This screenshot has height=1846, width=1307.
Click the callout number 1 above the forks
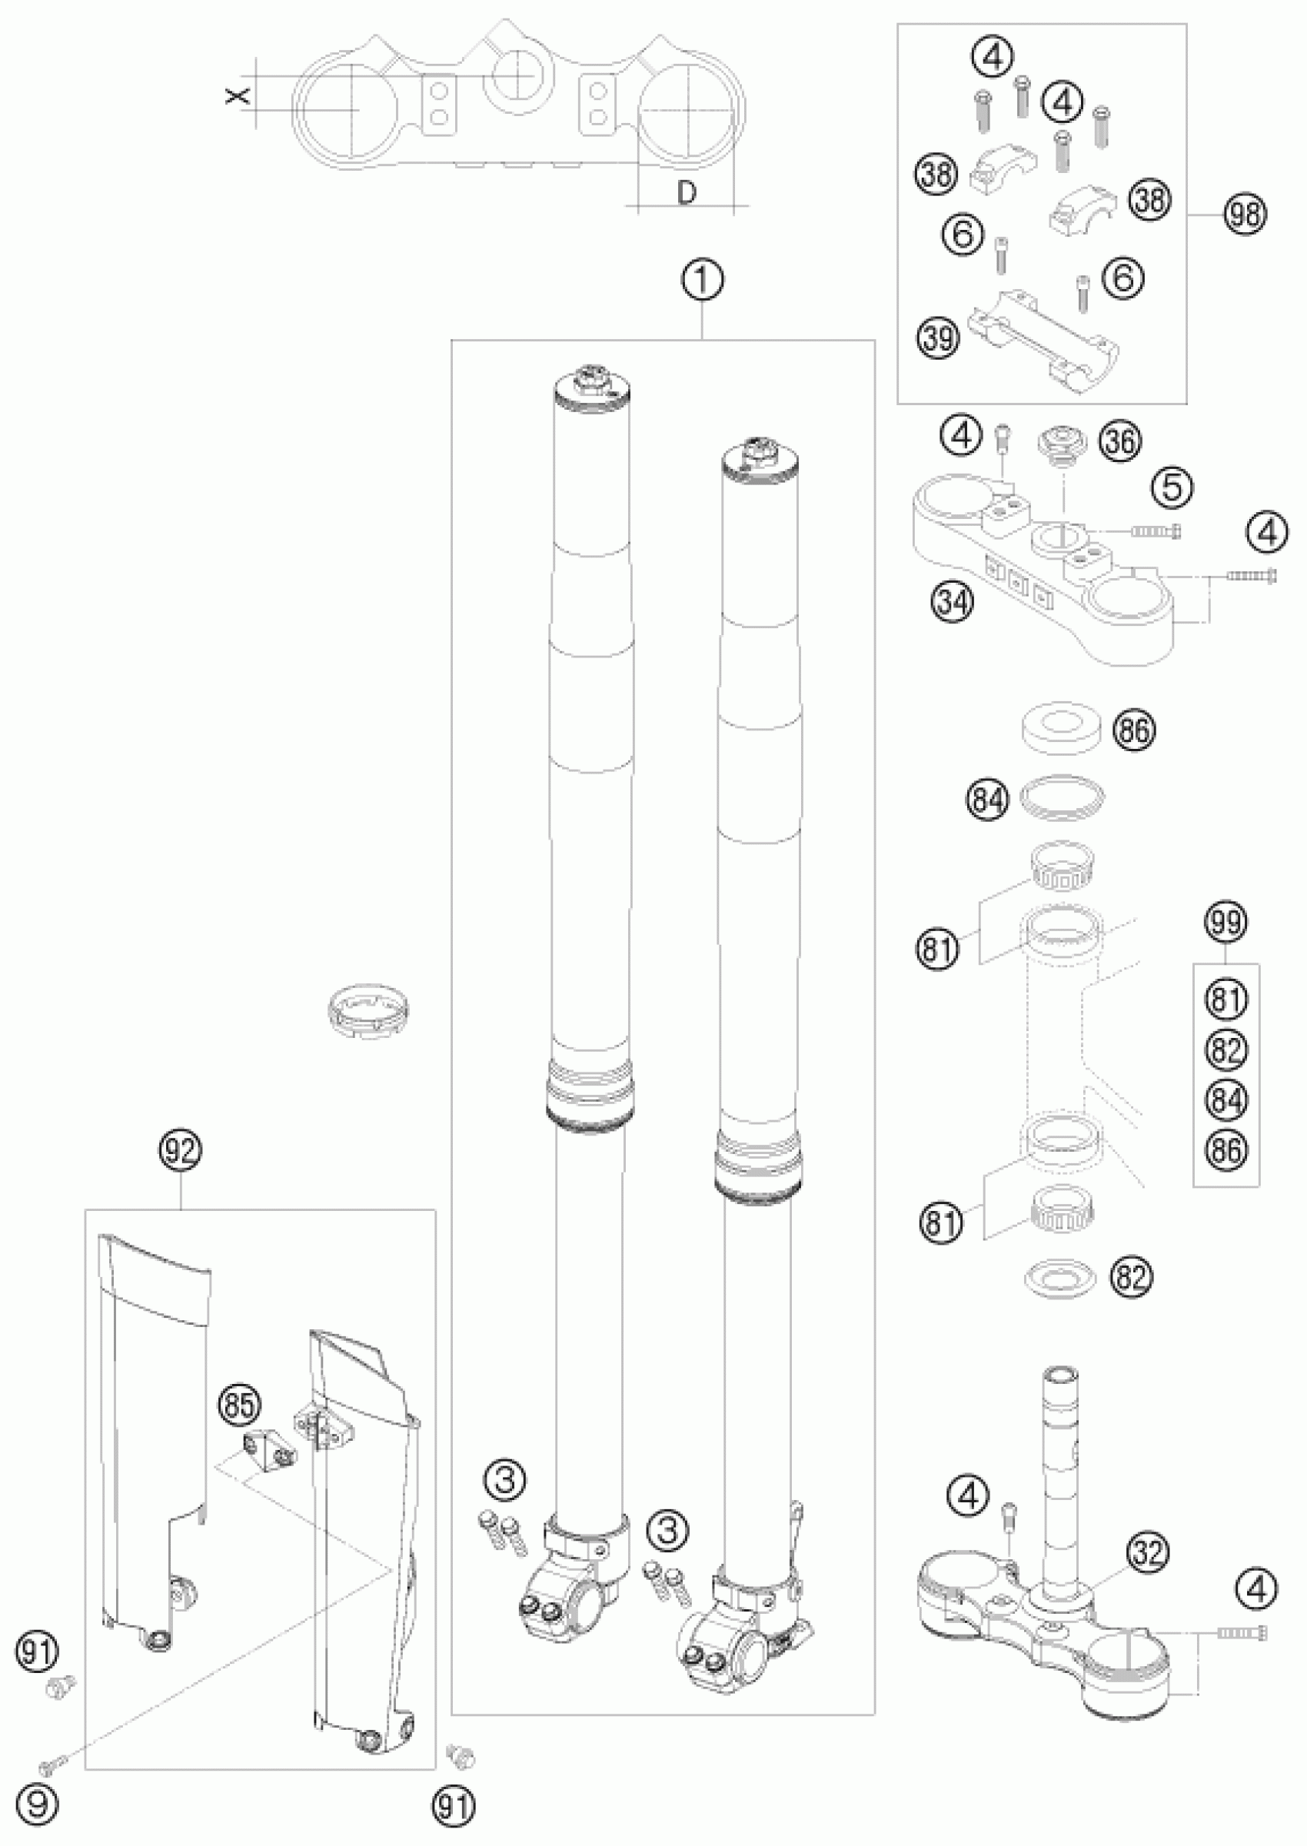703,281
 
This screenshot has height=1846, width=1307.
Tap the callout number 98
1244,217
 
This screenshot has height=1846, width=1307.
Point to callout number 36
1121,441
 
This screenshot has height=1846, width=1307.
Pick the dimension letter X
236,95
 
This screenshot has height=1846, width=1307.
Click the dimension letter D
686,193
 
